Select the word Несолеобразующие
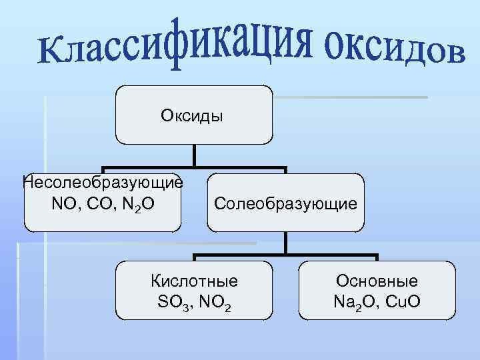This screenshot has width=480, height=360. [x=103, y=182]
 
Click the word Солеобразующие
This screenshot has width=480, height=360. [x=285, y=203]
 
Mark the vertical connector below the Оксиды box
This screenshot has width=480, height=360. [x=195, y=155]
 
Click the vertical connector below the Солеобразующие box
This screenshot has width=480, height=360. [x=285, y=243]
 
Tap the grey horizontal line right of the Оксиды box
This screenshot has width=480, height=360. [x=351, y=97]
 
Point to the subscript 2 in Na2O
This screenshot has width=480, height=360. [x=357, y=307]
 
